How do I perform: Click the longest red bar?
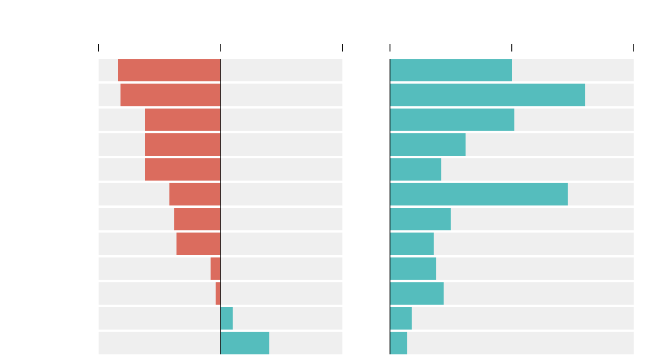[x=169, y=70]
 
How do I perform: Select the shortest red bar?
[x=218, y=293]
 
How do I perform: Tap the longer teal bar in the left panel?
[x=245, y=343]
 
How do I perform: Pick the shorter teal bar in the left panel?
[x=226, y=318]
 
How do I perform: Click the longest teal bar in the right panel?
[x=487, y=94]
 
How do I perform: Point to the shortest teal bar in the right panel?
[x=398, y=343]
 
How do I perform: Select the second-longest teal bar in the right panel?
[x=479, y=194]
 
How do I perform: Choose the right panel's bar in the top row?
[x=451, y=70]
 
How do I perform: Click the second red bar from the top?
[x=170, y=94]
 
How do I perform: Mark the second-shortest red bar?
[x=215, y=269]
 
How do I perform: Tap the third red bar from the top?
[x=183, y=120]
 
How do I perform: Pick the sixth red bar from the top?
[x=195, y=194]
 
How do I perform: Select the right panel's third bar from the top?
[x=452, y=120]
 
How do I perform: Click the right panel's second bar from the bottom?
[x=401, y=318]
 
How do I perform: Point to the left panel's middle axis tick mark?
[x=220, y=48]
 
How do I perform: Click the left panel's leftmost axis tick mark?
[x=99, y=48]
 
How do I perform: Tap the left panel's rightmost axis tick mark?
[x=342, y=48]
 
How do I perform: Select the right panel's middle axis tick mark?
[x=512, y=48]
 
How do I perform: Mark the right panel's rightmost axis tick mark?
[x=634, y=48]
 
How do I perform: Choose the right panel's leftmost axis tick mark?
[x=390, y=48]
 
